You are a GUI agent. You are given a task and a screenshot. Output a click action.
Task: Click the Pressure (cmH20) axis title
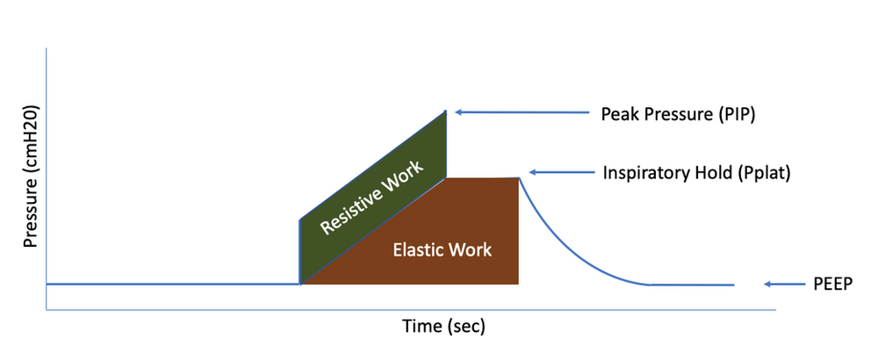(30, 176)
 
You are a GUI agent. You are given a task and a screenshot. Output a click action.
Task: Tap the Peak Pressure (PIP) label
(678, 114)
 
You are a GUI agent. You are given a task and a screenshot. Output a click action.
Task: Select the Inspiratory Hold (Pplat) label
(696, 173)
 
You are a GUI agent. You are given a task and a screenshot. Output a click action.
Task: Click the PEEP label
(832, 284)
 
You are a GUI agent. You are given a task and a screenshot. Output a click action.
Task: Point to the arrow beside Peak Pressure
(522, 112)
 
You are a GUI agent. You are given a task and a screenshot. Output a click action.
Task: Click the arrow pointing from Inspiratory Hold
(562, 172)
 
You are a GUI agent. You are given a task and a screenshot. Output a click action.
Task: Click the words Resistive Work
(371, 195)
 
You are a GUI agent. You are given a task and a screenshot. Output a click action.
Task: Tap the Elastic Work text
(443, 249)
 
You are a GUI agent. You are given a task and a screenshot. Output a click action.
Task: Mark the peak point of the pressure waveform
(446, 112)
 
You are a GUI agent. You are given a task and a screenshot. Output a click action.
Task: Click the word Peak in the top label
(618, 113)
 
